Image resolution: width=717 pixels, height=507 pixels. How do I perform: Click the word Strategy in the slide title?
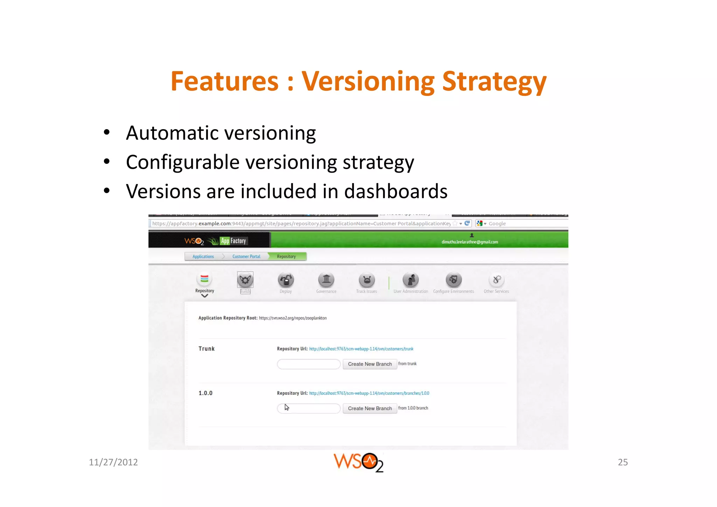[x=494, y=82]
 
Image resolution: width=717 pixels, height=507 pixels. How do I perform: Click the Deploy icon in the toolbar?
[x=286, y=280]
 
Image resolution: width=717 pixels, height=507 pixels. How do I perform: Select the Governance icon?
[x=326, y=280]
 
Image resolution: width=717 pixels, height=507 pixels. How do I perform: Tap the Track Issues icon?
[x=367, y=280]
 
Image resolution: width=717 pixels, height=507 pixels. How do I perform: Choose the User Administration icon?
[x=411, y=280]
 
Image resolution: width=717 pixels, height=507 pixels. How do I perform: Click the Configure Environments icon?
[x=453, y=280]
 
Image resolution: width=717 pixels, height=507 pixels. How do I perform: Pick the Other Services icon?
[x=496, y=280]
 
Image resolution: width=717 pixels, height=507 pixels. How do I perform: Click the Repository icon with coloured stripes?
[x=204, y=279]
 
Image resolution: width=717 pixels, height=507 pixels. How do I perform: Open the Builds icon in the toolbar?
[x=245, y=280]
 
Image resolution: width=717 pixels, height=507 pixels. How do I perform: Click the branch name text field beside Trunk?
[x=308, y=364]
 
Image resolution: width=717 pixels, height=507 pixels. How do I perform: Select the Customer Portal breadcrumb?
[x=246, y=257]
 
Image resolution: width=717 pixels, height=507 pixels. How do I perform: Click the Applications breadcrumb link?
[x=203, y=257]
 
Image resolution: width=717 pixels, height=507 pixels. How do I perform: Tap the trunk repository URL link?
[x=361, y=349]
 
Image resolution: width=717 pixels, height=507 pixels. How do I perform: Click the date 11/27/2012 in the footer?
[x=113, y=462]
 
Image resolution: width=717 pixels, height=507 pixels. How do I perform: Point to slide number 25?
[x=622, y=462]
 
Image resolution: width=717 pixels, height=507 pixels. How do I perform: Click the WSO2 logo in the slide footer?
[x=358, y=462]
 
